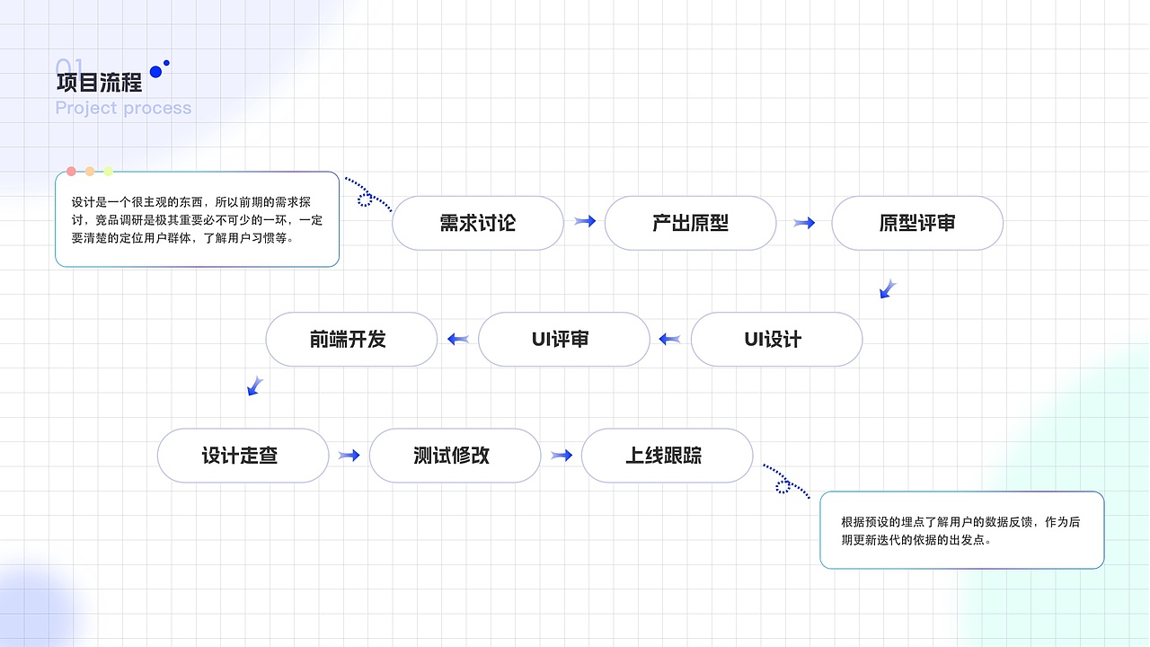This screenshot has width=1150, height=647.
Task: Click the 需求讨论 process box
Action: pyautogui.click(x=477, y=223)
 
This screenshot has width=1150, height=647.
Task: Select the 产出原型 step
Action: pyautogui.click(x=690, y=223)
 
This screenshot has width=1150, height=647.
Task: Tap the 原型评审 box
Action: pyautogui.click(x=916, y=223)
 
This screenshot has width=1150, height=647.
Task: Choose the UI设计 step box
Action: pyautogui.click(x=776, y=340)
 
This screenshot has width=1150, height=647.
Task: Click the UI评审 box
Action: pyautogui.click(x=563, y=340)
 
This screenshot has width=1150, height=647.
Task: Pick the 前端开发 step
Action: pyautogui.click(x=351, y=340)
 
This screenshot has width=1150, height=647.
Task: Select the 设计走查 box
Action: pyautogui.click(x=243, y=456)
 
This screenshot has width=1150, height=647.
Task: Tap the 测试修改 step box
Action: pyautogui.click(x=455, y=456)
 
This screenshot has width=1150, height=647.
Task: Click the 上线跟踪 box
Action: pyautogui.click(x=667, y=456)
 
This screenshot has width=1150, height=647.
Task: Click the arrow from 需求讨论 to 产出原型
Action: pyautogui.click(x=585, y=221)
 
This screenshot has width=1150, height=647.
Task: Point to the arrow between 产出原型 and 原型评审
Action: pyautogui.click(x=804, y=223)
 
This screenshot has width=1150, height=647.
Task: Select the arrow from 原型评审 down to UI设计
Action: pyautogui.click(x=888, y=288)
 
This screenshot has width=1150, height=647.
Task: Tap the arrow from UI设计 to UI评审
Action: pyautogui.click(x=669, y=340)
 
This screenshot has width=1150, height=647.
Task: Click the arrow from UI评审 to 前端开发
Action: pyautogui.click(x=458, y=340)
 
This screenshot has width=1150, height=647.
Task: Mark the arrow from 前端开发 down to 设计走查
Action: pyautogui.click(x=255, y=386)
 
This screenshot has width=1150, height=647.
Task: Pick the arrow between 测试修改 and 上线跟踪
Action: pyautogui.click(x=562, y=456)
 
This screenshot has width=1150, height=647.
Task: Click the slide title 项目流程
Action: pyautogui.click(x=99, y=84)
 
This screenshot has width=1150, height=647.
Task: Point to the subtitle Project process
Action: pyautogui.click(x=123, y=108)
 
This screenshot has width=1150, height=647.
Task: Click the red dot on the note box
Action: pyautogui.click(x=71, y=172)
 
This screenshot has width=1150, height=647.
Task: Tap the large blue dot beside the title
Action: pyautogui.click(x=155, y=72)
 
